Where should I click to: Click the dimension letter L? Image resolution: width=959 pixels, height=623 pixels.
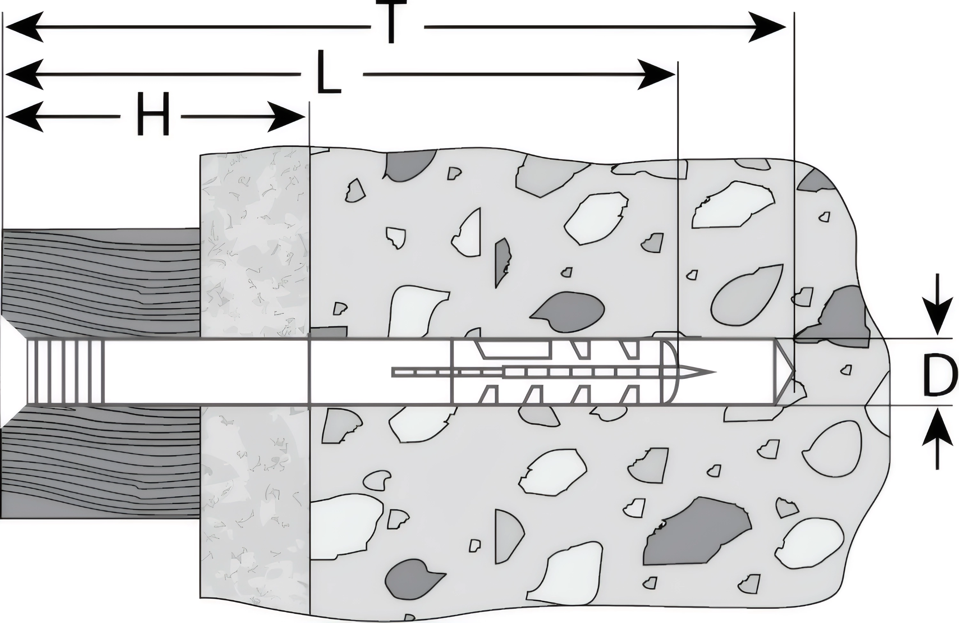coord(329,73)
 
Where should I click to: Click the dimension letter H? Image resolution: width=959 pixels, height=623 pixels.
coord(152,114)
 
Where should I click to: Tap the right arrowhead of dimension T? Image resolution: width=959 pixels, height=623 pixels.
coord(768,27)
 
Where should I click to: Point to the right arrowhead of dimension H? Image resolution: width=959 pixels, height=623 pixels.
coord(286,117)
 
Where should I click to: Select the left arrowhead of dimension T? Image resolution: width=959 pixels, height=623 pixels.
coord(24,27)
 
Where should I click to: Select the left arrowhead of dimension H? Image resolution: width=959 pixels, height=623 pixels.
coord(24,117)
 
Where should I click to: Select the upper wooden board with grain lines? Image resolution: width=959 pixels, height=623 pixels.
coord(101,282)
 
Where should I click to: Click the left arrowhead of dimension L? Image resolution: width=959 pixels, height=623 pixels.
coord(24,74)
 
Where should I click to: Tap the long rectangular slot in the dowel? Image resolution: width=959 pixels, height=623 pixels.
coord(514,349)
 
